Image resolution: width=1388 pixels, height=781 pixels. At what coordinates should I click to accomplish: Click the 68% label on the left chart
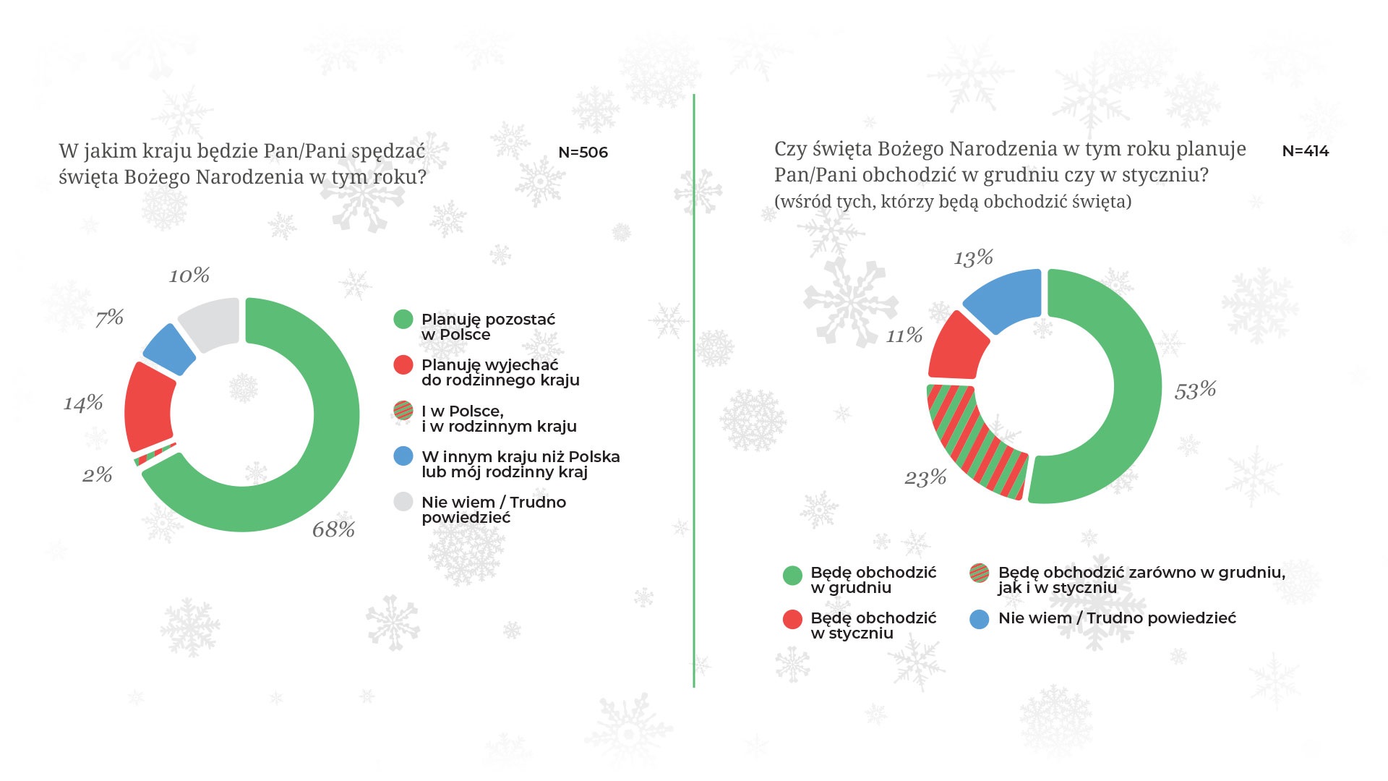point(333,529)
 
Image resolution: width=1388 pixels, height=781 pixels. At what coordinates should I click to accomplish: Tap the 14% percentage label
point(83,403)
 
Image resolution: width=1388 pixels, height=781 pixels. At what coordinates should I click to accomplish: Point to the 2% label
point(97,474)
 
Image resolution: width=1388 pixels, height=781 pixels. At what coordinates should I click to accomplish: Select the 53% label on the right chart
point(1195,390)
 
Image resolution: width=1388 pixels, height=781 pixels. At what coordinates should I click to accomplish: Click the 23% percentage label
point(925,477)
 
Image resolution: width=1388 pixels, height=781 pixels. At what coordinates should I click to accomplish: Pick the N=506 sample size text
point(583,153)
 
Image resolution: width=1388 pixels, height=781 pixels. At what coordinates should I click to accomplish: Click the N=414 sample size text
point(1305,151)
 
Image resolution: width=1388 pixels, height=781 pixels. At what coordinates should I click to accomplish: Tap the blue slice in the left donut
point(169,350)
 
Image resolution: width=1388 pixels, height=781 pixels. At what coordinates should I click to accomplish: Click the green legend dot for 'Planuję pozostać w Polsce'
point(403,319)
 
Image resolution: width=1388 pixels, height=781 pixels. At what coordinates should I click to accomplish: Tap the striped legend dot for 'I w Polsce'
point(403,411)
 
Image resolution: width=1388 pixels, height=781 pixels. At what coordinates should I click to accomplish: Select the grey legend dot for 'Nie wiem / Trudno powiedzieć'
point(403,502)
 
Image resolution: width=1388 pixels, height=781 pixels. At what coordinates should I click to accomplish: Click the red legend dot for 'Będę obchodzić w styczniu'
point(792,619)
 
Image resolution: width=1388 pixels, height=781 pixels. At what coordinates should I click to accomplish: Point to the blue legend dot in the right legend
point(980,619)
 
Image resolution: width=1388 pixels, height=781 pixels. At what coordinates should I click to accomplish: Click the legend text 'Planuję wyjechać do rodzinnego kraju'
point(500,372)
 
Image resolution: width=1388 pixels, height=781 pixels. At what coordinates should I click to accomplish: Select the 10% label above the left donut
point(189,276)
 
